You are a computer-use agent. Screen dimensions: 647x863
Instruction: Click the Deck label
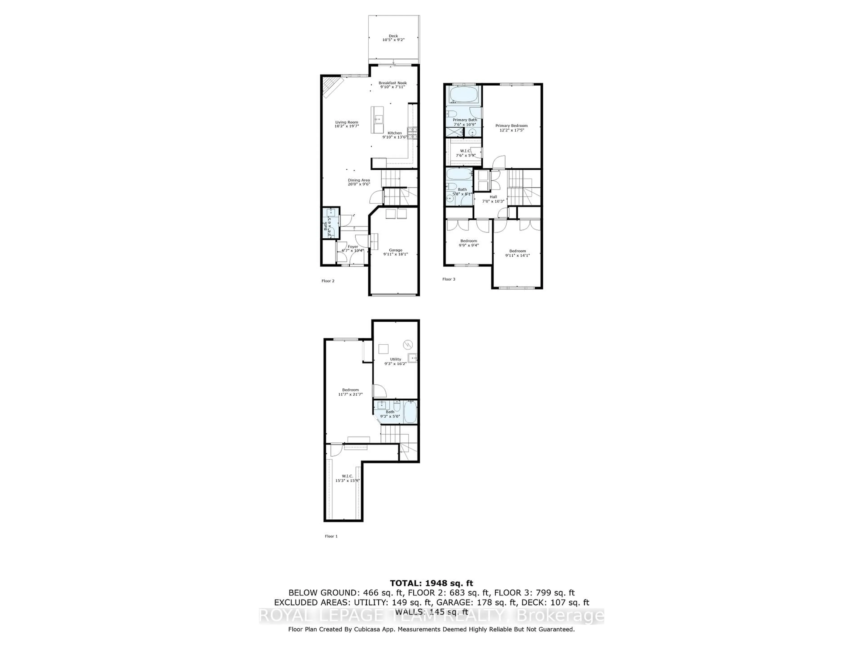[x=393, y=36]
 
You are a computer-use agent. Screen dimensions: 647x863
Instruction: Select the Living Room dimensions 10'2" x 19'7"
[x=347, y=126]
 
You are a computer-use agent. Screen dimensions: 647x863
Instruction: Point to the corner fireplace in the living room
[x=332, y=86]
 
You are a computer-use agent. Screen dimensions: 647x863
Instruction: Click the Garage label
[x=395, y=250]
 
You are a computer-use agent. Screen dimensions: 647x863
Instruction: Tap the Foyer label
[x=353, y=246]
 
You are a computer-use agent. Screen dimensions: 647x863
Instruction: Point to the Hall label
[x=493, y=197]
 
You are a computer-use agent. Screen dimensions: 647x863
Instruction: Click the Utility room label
[x=395, y=359]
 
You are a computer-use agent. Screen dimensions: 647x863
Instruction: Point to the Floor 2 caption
[x=328, y=281]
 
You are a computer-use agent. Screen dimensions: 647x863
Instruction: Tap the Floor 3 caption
[x=449, y=279]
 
